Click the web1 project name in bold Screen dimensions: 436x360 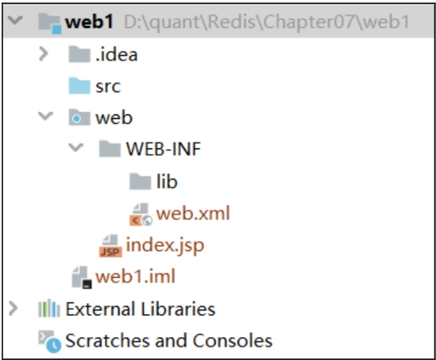(x=89, y=22)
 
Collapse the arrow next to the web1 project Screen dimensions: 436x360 (x=15, y=20)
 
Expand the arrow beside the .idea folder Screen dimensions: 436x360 (x=43, y=54)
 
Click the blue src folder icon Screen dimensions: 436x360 (x=79, y=86)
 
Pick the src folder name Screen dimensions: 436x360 (x=108, y=86)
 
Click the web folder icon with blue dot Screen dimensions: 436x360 (x=79, y=117)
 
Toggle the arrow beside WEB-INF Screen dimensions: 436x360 (x=76, y=147)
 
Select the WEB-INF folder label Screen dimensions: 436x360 (x=163, y=149)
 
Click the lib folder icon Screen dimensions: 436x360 (x=140, y=181)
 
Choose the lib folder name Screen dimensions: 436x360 (x=167, y=181)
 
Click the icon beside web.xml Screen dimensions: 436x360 (x=141, y=214)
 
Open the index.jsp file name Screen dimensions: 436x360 (x=165, y=246)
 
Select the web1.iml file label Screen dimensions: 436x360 (x=135, y=276)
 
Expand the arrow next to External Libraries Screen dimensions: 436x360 (x=13, y=308)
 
